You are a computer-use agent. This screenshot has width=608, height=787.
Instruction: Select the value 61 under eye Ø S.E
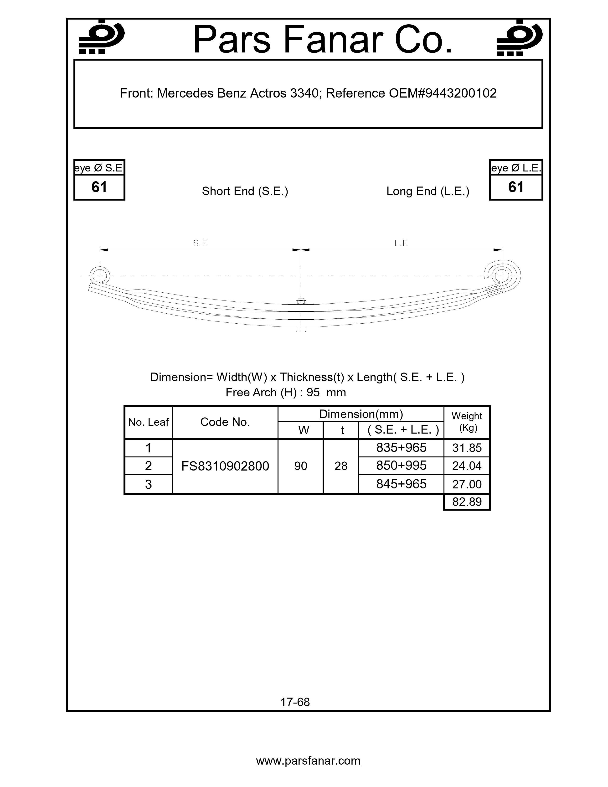99,187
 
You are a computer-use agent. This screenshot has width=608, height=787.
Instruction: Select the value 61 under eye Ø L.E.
515,187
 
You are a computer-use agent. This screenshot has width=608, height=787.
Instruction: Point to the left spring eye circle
99,276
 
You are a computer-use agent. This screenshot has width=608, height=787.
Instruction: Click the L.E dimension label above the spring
401,243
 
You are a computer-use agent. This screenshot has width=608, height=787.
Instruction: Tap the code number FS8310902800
225,466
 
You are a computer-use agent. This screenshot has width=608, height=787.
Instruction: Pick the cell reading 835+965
401,448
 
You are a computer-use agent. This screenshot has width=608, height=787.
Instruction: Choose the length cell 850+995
401,466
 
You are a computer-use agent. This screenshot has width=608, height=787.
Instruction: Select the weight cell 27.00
467,484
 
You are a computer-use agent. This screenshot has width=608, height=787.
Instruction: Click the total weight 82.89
467,502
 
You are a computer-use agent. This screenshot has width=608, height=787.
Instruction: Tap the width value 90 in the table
300,466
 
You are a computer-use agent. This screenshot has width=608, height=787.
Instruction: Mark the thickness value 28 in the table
341,466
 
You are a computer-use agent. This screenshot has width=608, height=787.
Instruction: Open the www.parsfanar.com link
308,761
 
